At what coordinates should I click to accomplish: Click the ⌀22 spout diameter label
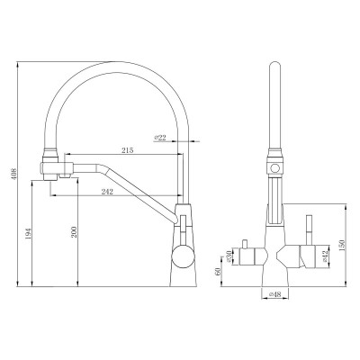click(160, 137)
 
